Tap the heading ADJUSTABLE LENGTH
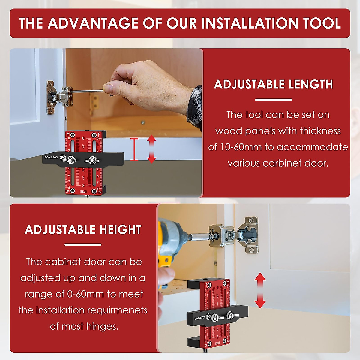(273, 85)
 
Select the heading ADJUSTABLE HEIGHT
(83, 230)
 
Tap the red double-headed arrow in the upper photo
(151, 149)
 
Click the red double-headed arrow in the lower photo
(260, 290)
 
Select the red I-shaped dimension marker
(134, 149)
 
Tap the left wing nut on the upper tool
(71, 160)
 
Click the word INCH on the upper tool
(83, 192)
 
